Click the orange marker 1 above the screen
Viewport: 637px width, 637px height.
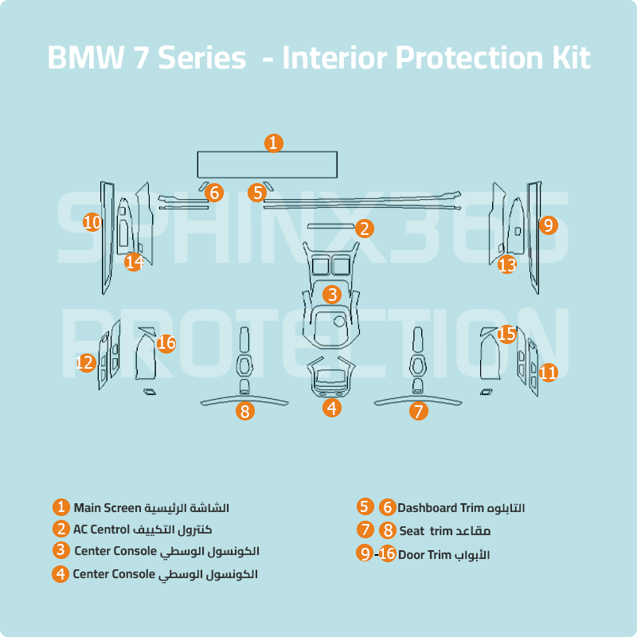click(272, 143)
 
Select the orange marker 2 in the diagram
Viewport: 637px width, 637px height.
click(364, 229)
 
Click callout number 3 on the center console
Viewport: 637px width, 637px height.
click(332, 294)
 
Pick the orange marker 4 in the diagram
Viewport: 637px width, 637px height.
click(332, 408)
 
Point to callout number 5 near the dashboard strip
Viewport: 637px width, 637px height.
click(256, 192)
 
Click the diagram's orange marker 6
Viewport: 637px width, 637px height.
click(213, 192)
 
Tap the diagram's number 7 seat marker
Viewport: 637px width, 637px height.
click(419, 411)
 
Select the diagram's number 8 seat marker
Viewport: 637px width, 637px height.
click(245, 411)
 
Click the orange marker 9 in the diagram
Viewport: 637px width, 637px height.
click(548, 225)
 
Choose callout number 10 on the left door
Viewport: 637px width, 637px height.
click(92, 223)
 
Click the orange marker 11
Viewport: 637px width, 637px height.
click(548, 372)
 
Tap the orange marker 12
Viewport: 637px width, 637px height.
click(85, 363)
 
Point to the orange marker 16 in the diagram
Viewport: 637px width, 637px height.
click(166, 343)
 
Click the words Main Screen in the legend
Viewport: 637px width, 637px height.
click(107, 508)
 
